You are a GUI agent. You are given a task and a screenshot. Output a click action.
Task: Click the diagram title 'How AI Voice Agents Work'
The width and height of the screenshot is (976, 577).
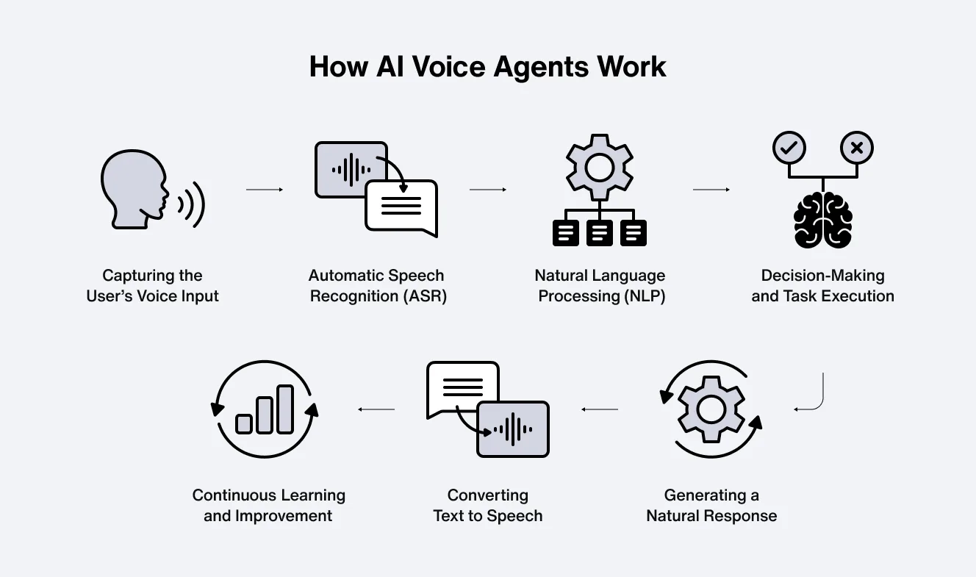[x=487, y=67]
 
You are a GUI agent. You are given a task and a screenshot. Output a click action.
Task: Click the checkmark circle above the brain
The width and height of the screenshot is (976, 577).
[x=789, y=148]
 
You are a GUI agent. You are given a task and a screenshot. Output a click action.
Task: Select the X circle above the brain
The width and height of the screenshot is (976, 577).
[x=856, y=148]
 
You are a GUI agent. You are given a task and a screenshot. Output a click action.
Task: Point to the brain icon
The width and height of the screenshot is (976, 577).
[x=823, y=219]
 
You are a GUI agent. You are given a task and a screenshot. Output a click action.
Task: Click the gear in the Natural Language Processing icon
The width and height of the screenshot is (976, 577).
[x=600, y=168]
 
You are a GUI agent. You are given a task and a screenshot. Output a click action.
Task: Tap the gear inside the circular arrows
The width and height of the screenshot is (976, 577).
[x=711, y=409]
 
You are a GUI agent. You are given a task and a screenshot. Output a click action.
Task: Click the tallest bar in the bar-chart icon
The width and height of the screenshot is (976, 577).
[x=285, y=409]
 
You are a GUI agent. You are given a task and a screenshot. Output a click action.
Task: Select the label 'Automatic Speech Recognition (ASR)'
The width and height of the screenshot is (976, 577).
[x=376, y=286]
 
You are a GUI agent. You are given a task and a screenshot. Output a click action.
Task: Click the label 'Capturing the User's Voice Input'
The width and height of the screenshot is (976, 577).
[x=153, y=286]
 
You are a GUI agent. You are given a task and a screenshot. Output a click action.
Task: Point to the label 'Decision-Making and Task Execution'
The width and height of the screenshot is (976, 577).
[x=822, y=286]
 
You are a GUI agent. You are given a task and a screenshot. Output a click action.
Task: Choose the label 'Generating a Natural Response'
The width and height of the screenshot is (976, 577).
[x=711, y=505]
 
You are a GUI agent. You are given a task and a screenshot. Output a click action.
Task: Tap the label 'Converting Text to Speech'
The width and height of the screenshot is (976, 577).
[x=488, y=505]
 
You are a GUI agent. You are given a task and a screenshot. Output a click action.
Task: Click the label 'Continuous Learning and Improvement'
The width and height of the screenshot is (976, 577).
[x=268, y=505]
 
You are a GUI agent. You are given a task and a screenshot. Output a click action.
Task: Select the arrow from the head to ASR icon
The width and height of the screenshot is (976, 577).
[x=265, y=190]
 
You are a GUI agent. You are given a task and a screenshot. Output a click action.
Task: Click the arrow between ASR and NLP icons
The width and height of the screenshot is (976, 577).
[x=488, y=190]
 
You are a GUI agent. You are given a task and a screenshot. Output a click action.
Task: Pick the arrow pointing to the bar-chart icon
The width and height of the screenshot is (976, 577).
[x=376, y=409]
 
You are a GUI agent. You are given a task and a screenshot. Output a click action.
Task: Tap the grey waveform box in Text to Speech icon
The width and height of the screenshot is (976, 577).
[x=513, y=429]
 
